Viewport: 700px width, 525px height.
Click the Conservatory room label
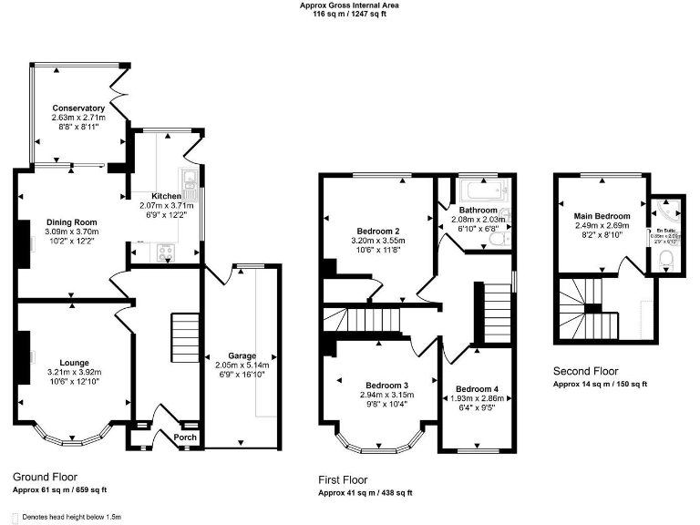[x=78, y=108]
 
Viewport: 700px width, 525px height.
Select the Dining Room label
[x=72, y=222]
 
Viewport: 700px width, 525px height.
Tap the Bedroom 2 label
[x=376, y=231]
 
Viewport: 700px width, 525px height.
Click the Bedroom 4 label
[x=477, y=390]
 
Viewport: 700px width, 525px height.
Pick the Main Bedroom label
[x=602, y=216]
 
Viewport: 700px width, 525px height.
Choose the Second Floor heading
[x=586, y=372]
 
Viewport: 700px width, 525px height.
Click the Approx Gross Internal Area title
[x=349, y=5]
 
